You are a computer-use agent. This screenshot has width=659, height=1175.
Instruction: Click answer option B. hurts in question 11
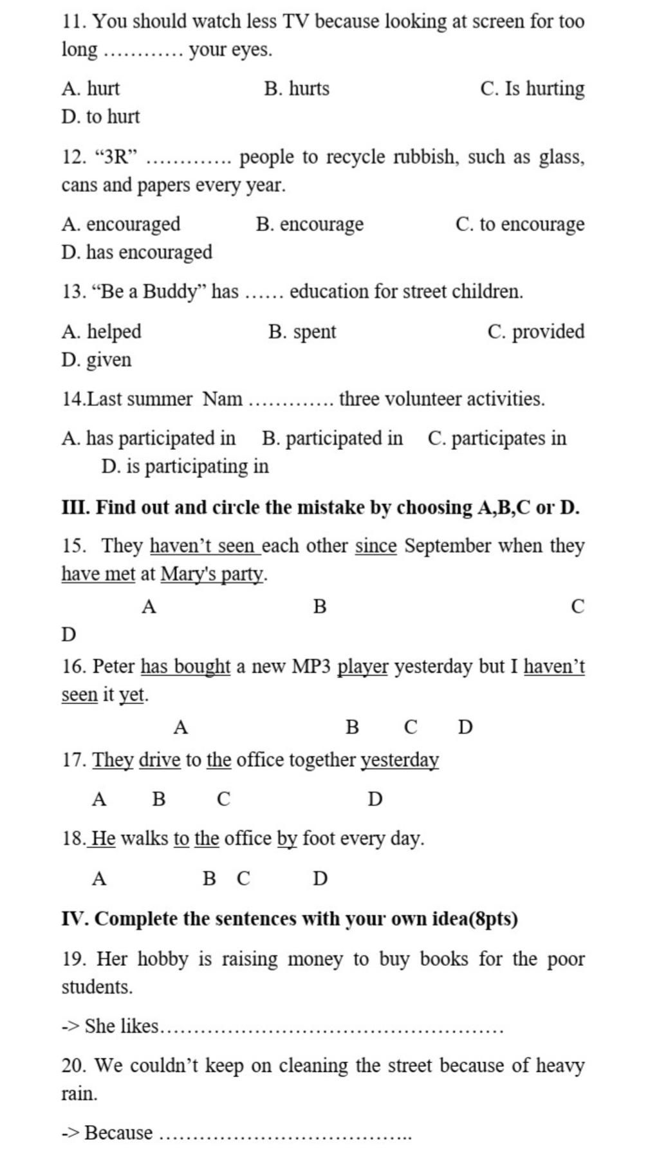tap(297, 88)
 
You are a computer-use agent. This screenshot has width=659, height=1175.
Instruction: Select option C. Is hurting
tap(532, 88)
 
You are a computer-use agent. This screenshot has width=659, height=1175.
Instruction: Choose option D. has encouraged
tap(136, 252)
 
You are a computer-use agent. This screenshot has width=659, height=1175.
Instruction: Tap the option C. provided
tap(536, 331)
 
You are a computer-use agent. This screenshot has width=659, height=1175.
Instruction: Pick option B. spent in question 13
tap(302, 331)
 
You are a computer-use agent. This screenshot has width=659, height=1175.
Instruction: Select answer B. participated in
tap(332, 438)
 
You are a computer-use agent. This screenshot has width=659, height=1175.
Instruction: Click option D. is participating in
tap(185, 466)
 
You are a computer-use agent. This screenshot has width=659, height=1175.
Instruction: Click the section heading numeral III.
tap(75, 508)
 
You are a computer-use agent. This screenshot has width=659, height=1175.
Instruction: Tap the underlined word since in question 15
tap(376, 546)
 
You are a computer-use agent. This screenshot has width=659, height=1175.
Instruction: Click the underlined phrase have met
tap(98, 573)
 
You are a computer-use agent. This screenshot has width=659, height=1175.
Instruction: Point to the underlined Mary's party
tap(212, 573)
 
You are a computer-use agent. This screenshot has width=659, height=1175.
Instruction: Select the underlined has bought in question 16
tap(185, 666)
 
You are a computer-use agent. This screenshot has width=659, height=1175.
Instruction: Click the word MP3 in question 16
tap(311, 666)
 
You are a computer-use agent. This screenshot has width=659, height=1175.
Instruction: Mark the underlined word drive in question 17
tap(160, 760)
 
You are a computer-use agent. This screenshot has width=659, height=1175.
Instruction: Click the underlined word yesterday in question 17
tap(400, 760)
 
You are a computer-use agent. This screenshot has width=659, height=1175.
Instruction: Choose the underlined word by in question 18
tap(287, 839)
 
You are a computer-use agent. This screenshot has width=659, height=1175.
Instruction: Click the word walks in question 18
tap(144, 839)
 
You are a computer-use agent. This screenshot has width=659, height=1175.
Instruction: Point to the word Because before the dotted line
tap(119, 1133)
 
